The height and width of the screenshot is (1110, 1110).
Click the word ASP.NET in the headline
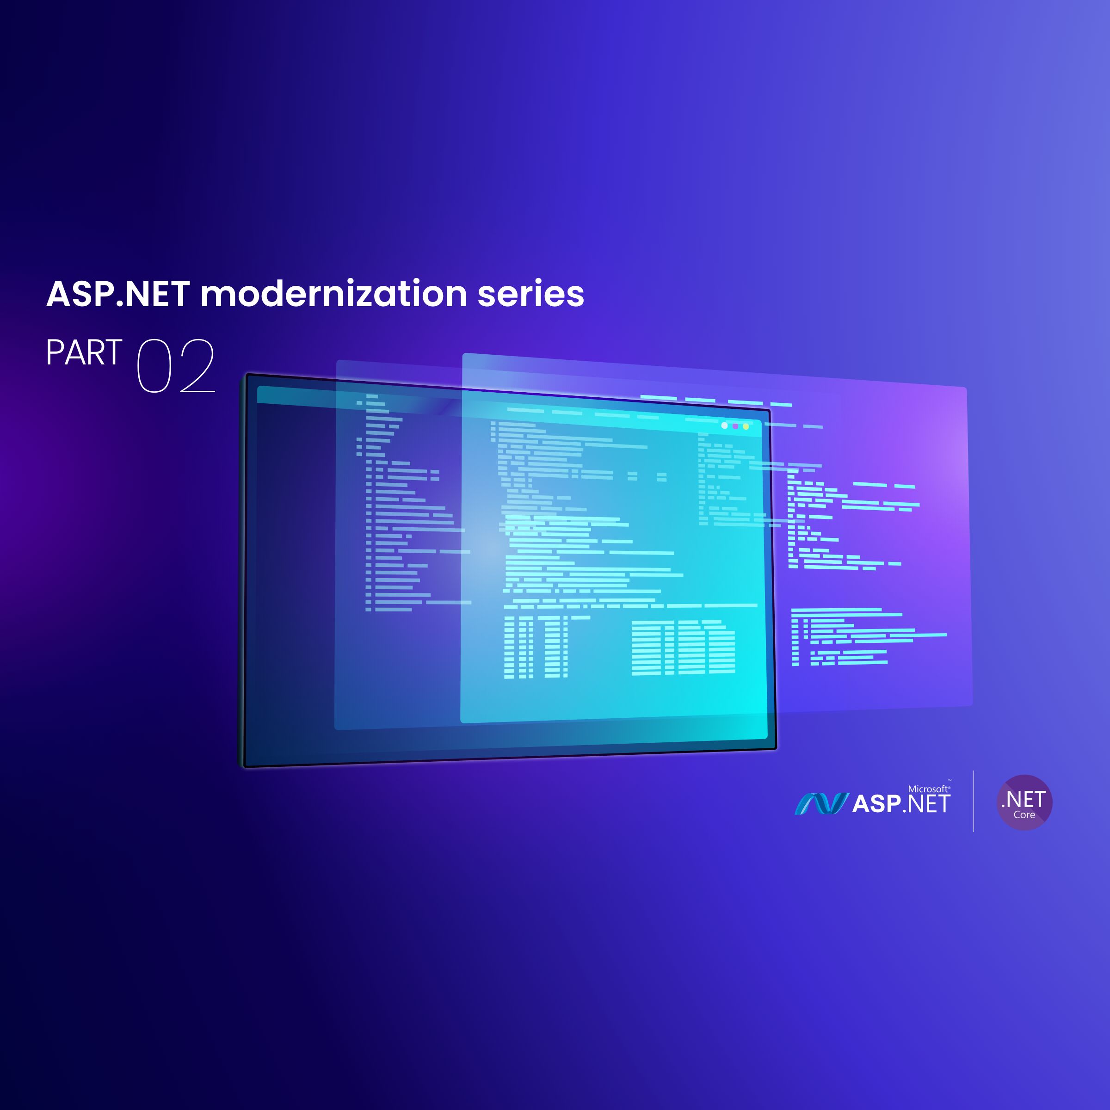tap(118, 294)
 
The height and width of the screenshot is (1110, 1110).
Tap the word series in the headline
tap(530, 294)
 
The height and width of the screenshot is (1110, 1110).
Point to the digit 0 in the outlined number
tap(154, 366)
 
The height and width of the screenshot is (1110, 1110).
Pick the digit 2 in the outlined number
tap(197, 366)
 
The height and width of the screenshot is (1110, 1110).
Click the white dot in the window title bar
tap(724, 425)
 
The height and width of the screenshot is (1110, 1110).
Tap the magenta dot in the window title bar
tap(735, 426)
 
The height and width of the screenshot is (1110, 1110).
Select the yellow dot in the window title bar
tap(746, 427)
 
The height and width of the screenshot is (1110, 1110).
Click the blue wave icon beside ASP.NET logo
tap(821, 804)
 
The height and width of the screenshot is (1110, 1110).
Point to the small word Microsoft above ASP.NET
tap(927, 789)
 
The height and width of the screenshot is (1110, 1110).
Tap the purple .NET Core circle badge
tap(1024, 802)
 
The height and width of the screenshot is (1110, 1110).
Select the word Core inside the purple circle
tap(1024, 814)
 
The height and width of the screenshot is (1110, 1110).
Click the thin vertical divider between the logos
tap(973, 801)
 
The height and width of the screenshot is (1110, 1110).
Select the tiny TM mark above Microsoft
tap(949, 781)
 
